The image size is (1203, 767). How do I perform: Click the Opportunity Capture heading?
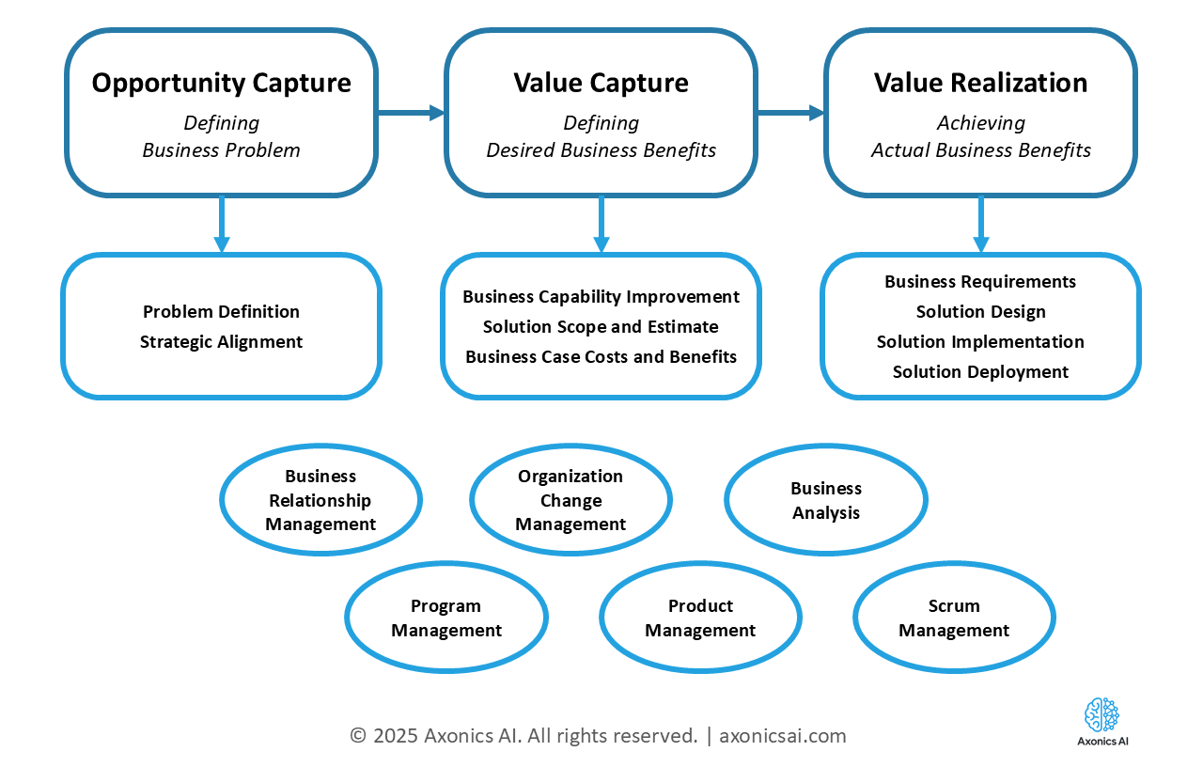[221, 83]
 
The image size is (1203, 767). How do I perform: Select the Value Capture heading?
[601, 83]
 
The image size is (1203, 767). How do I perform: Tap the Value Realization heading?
[980, 83]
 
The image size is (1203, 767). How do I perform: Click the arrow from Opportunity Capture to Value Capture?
[411, 113]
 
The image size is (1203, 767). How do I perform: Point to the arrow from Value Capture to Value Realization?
[790, 113]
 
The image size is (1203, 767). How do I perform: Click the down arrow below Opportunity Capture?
[222, 225]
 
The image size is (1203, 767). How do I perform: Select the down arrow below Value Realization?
[980, 225]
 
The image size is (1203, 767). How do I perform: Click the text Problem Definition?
[221, 311]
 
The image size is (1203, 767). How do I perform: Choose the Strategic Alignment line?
[221, 341]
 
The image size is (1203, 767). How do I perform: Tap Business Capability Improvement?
[601, 296]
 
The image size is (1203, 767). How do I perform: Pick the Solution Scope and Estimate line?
[601, 326]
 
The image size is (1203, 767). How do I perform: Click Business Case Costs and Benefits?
[601, 356]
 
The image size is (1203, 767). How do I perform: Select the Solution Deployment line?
[980, 371]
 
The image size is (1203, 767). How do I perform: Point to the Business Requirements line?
[980, 281]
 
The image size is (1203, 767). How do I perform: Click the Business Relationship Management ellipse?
[320, 500]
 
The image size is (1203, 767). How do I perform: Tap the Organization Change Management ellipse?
[570, 500]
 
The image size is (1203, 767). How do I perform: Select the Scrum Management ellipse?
[954, 618]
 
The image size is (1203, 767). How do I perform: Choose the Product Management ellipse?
[700, 618]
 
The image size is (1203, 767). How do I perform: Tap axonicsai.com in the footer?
[782, 735]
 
